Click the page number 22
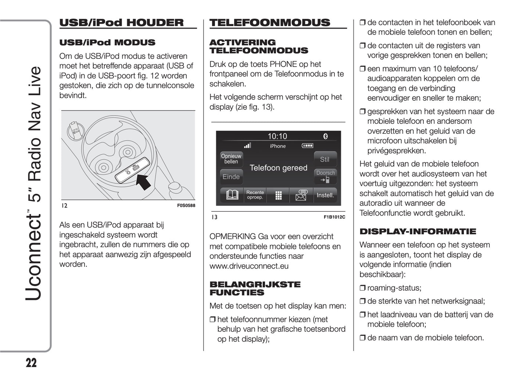click(x=31, y=363)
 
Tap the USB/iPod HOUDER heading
click(x=121, y=23)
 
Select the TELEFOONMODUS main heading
click(x=270, y=23)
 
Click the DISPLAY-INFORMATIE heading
click(x=418, y=231)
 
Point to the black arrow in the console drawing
click(x=144, y=181)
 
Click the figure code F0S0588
click(x=186, y=206)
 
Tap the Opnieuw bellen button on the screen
click(x=231, y=159)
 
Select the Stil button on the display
click(x=324, y=159)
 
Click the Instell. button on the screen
click(x=325, y=195)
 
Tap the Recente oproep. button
click(x=255, y=195)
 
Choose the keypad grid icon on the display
click(x=278, y=195)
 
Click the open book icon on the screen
click(x=232, y=195)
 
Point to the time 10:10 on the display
click(x=277, y=136)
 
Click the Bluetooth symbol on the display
click(x=325, y=136)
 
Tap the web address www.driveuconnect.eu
click(x=249, y=266)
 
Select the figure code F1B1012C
click(x=334, y=217)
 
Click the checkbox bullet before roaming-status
click(x=362, y=288)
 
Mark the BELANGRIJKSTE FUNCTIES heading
click(x=255, y=288)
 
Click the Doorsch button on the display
click(x=325, y=176)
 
